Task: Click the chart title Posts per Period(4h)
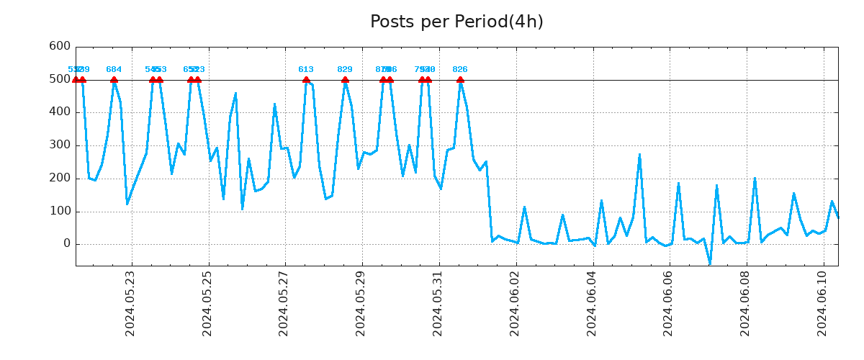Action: click(456, 22)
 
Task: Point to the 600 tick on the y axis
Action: click(60, 46)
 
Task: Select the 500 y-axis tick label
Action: click(60, 79)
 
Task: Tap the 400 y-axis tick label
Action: click(60, 112)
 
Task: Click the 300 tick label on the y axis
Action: click(60, 145)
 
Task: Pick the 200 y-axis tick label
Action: click(60, 179)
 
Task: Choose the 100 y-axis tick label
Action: click(60, 212)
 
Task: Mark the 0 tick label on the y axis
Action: click(67, 244)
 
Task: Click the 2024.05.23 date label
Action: click(130, 302)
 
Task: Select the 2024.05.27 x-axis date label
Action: click(284, 302)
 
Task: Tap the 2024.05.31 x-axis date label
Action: click(437, 302)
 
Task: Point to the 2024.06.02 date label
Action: click(515, 302)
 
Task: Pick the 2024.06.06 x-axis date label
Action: click(668, 302)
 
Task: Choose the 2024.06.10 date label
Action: click(822, 302)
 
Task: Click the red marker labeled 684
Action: click(114, 79)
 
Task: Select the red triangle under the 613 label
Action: click(306, 79)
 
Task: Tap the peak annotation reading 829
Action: click(345, 70)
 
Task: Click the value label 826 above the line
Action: click(460, 70)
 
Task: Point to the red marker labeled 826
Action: click(460, 79)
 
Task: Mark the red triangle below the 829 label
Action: click(345, 79)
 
